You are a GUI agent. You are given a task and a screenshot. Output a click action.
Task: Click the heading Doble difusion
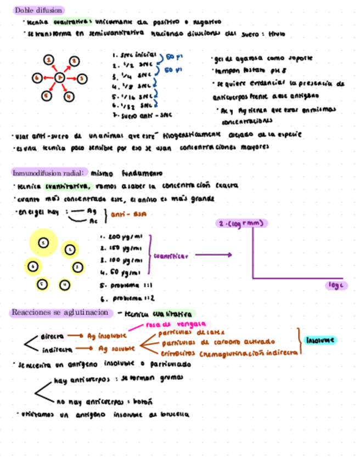[x=38, y=10]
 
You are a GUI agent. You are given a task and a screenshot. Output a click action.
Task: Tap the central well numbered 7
[x=60, y=78]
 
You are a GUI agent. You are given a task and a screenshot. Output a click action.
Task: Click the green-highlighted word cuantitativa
[x=69, y=186]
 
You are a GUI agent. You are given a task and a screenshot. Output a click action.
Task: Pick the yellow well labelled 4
[x=65, y=284]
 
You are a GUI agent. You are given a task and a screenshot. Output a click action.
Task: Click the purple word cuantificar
[x=171, y=256]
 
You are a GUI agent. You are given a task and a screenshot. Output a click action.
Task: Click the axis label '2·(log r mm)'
[x=241, y=223]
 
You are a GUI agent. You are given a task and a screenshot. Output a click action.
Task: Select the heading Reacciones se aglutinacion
[x=60, y=313]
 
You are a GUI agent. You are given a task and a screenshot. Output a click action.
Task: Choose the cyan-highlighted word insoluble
[x=320, y=340]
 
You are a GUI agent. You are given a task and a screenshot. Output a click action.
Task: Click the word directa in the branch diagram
[x=52, y=336]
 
